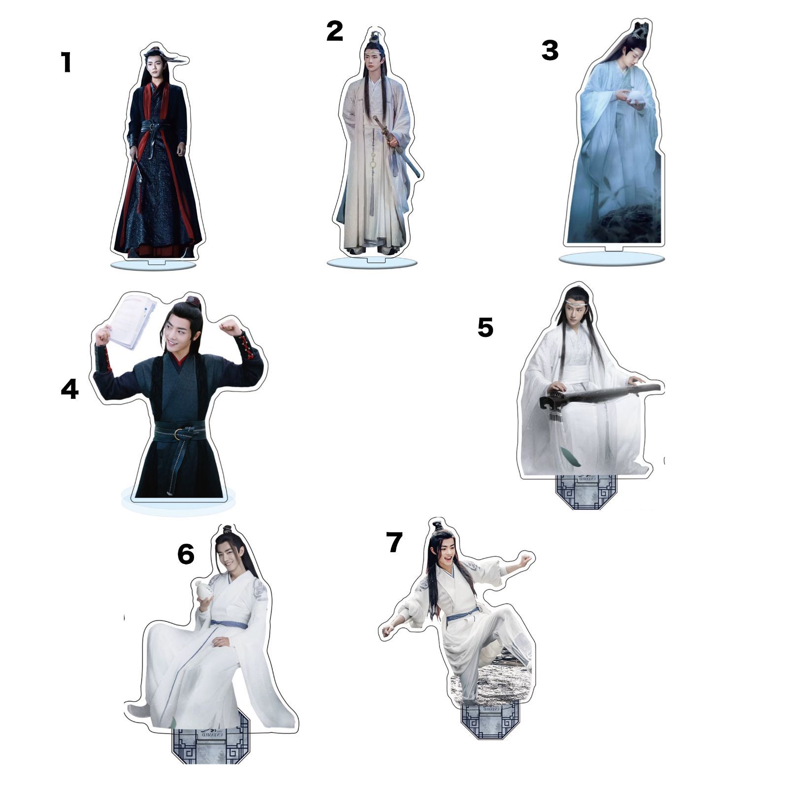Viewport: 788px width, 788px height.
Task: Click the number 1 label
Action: point(66,63)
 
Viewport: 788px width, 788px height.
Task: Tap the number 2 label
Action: point(334,32)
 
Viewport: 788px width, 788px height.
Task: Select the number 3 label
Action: point(550,50)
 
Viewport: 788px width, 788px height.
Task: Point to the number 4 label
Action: point(69,389)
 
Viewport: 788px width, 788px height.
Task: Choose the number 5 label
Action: point(485,328)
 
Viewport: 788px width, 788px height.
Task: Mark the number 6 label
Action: point(186,555)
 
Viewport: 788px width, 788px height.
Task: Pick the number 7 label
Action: point(394,542)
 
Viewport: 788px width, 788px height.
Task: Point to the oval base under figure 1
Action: point(153,266)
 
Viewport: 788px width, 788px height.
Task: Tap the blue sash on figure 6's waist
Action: point(230,624)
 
